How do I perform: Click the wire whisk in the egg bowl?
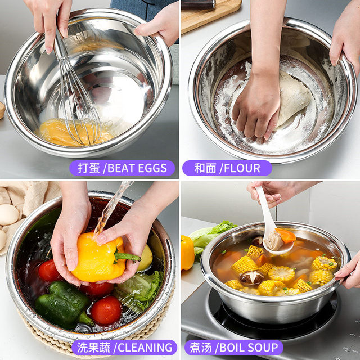click(x=78, y=101)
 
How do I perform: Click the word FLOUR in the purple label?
click(x=242, y=168)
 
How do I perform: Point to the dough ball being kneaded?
click(x=293, y=97)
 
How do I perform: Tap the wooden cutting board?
click(x=211, y=14)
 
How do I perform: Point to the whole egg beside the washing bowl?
click(x=9, y=214)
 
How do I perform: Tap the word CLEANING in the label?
click(x=145, y=348)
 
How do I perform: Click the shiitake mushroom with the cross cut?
click(x=251, y=277)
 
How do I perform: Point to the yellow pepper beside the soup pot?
click(x=187, y=253)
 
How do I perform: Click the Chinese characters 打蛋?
click(x=89, y=168)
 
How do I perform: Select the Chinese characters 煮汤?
click(x=201, y=348)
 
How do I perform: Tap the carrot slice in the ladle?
click(x=286, y=236)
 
